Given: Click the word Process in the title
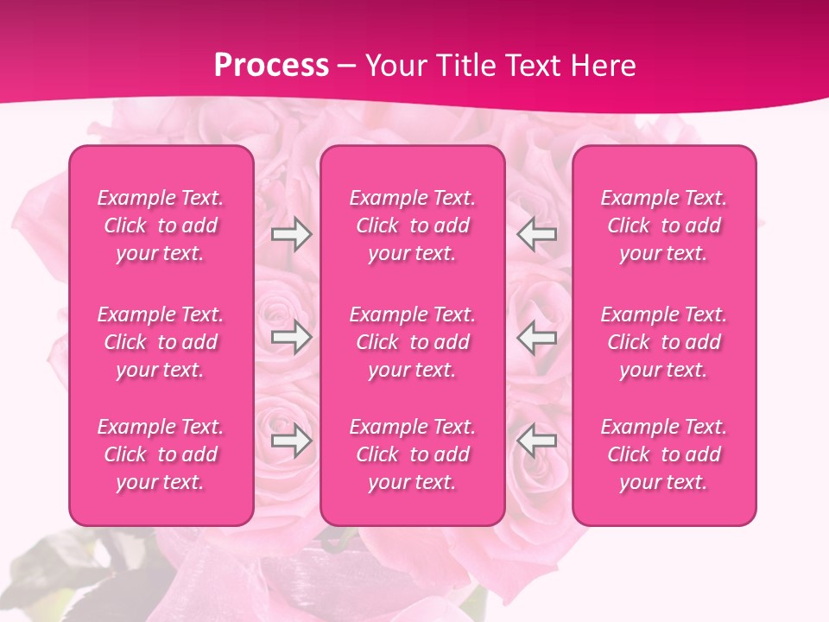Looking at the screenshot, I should (x=271, y=65).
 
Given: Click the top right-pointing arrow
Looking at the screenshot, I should (x=292, y=234).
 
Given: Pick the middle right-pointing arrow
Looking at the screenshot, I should (x=292, y=337).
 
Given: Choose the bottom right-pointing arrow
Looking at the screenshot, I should (x=292, y=441).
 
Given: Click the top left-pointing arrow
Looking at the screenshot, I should (x=536, y=234).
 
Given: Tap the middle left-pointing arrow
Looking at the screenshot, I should (x=536, y=337).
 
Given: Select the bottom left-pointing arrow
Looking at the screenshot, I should (x=536, y=441).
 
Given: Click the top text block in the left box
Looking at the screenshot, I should (x=161, y=225).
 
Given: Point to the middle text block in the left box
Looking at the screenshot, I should (x=161, y=342).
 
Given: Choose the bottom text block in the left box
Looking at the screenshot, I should (x=161, y=454).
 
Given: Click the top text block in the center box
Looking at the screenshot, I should (x=413, y=225).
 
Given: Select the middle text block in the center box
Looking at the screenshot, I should (x=413, y=342).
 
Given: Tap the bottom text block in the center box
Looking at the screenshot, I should (x=413, y=454).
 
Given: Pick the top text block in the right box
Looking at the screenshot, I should (x=664, y=225).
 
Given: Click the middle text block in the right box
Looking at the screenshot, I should (x=664, y=342).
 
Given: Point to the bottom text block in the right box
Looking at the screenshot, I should (x=664, y=454).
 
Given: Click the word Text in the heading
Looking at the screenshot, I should (x=533, y=66).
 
